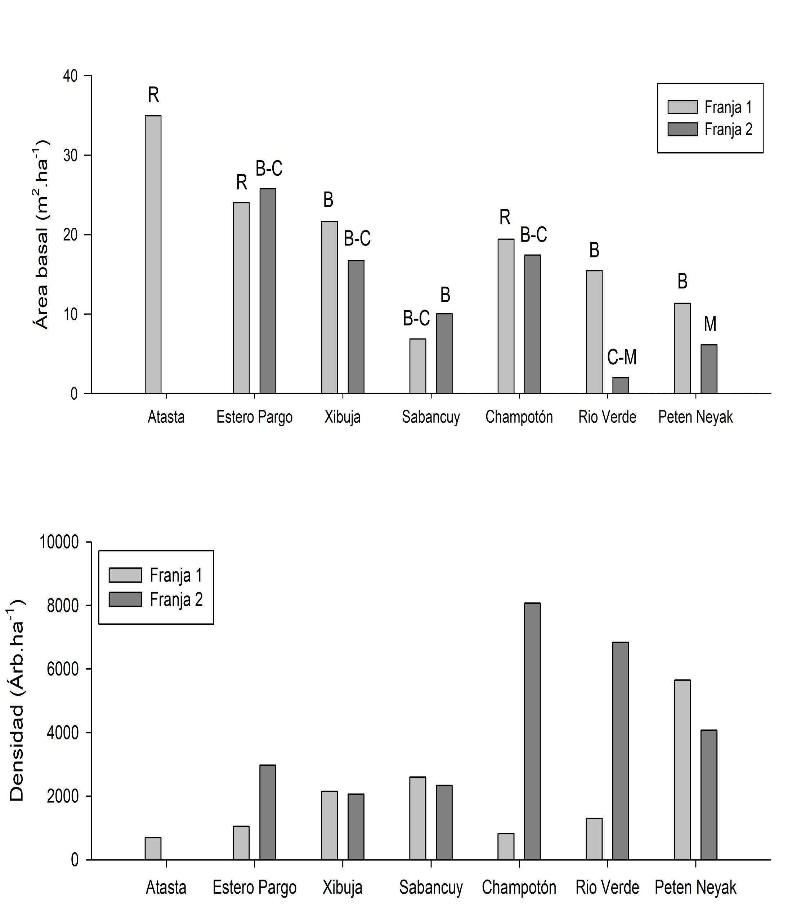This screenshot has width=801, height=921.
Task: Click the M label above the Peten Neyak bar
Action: (x=710, y=324)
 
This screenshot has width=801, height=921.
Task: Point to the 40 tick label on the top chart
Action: (x=70, y=76)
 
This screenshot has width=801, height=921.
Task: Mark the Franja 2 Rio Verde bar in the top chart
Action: (x=621, y=385)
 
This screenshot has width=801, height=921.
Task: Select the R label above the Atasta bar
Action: (x=153, y=95)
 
